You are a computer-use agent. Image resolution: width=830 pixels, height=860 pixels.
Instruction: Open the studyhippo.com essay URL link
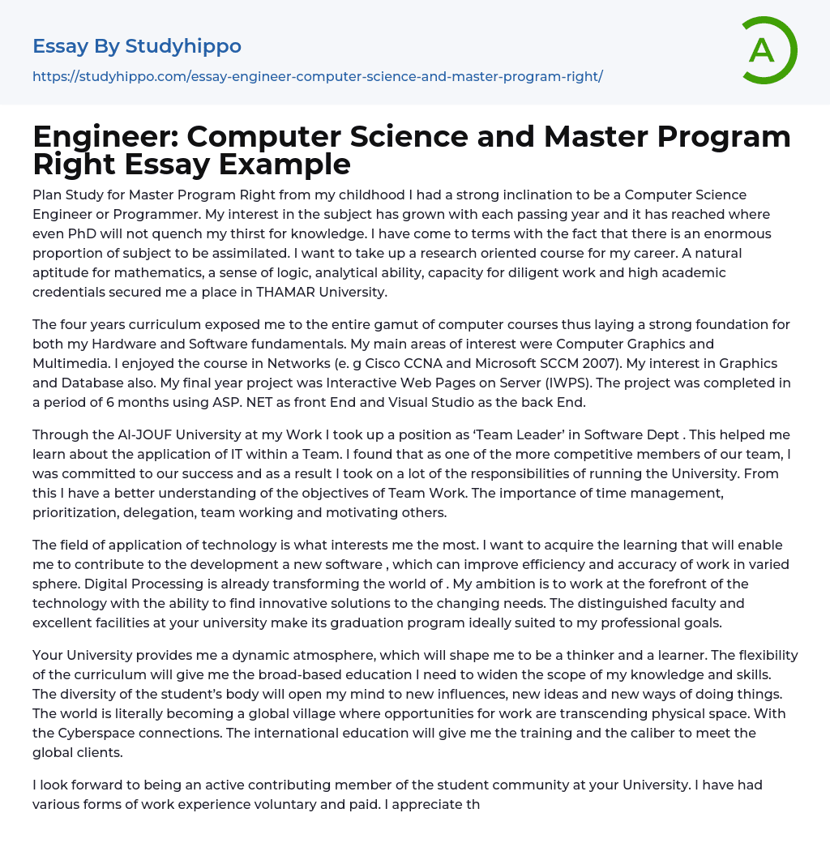[318, 76]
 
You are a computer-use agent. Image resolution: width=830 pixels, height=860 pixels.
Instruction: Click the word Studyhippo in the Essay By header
[183, 46]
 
